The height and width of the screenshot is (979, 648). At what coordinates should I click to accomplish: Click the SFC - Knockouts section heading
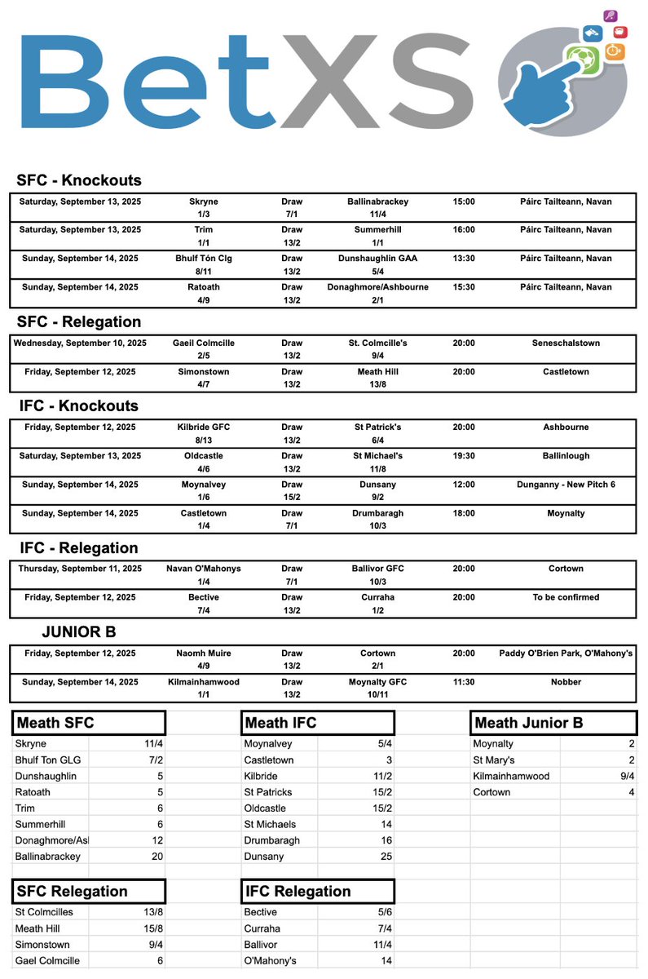tap(78, 180)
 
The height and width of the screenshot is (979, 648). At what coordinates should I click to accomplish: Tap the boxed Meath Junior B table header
tap(527, 723)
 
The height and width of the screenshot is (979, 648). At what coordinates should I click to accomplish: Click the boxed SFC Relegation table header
tap(72, 892)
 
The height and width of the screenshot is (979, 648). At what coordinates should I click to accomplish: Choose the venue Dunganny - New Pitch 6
tap(566, 485)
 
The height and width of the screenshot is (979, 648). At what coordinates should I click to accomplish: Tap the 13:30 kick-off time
tap(464, 259)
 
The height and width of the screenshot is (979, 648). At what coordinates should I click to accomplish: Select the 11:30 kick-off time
tap(464, 682)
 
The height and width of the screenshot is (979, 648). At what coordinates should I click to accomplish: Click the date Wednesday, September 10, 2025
tap(80, 343)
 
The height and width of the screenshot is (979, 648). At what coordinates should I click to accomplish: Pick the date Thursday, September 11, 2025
tap(80, 569)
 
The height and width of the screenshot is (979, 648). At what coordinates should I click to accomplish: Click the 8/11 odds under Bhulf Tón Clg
tap(203, 272)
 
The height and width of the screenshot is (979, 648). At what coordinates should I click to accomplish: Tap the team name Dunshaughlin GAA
tap(377, 259)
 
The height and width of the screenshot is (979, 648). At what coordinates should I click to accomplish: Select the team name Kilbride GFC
tap(203, 427)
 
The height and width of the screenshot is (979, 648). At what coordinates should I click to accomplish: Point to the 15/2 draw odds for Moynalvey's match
tap(291, 498)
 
